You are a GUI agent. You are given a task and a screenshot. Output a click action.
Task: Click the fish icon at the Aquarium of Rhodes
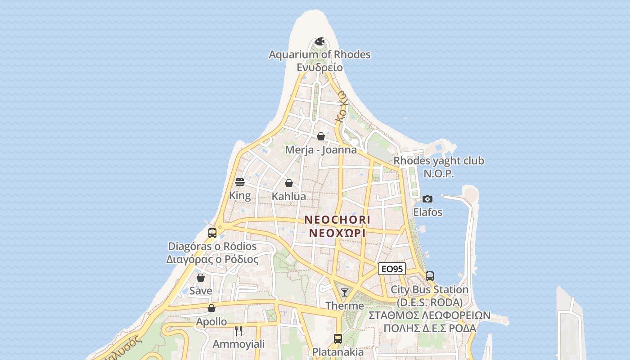pos(319,42)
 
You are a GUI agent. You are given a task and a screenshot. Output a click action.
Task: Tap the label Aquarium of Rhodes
pos(319,54)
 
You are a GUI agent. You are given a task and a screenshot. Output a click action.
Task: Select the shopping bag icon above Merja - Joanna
pos(321,136)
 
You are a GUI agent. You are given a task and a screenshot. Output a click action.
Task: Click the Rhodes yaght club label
pos(439,161)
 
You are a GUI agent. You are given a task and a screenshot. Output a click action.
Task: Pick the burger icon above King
pos(240,182)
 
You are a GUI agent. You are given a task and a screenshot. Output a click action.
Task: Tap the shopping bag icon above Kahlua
pos(289,183)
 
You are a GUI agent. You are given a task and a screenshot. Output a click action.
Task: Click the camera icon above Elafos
pos(427,199)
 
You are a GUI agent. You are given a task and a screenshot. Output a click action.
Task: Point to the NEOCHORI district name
pos(337,220)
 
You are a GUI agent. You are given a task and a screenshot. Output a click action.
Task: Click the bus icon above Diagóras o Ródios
pos(212,233)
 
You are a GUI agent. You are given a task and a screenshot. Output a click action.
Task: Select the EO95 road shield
pos(391,269)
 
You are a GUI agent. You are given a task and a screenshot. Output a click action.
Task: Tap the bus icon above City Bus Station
pos(430,276)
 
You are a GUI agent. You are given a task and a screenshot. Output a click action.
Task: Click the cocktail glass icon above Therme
pos(345,292)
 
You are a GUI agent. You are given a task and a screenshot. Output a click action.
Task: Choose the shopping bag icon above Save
pos(201,278)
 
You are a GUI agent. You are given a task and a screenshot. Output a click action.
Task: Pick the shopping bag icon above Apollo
pos(211,308)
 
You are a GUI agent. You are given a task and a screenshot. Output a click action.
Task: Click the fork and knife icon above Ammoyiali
pos(238,331)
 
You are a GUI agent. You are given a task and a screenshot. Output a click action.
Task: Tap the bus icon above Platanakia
pos(338,338)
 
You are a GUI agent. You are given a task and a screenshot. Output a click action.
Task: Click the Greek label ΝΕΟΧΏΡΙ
pos(337,234)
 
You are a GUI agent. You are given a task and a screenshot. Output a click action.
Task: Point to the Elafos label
pos(427,212)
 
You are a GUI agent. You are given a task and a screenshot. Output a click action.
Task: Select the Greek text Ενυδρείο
pos(319,67)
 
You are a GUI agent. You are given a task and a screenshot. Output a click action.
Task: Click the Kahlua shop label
pos(289,196)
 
